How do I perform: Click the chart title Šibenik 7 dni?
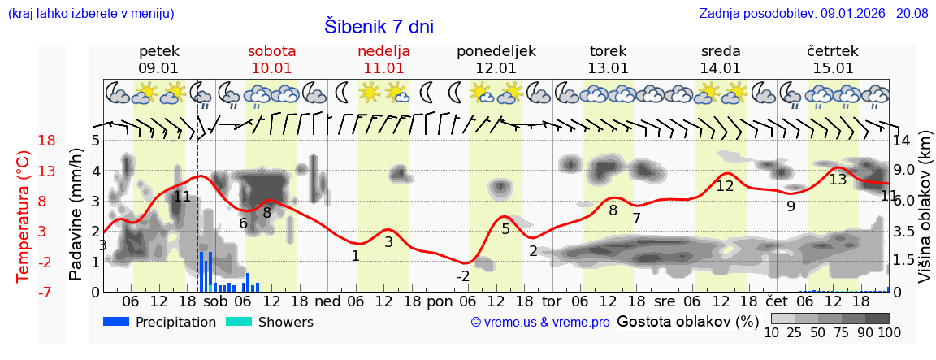coord(379,26)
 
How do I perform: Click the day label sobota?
coord(271,51)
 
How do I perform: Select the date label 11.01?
coord(383,68)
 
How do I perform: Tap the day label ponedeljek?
coord(496,51)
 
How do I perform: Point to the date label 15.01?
coord(833,68)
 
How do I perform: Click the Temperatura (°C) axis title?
coord(24,216)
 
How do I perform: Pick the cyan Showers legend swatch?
coord(238,322)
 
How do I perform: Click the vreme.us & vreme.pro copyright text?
coord(540,323)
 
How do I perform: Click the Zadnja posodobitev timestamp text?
coord(813,14)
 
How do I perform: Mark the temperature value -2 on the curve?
coord(462,276)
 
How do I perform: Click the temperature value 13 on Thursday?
coord(838,179)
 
